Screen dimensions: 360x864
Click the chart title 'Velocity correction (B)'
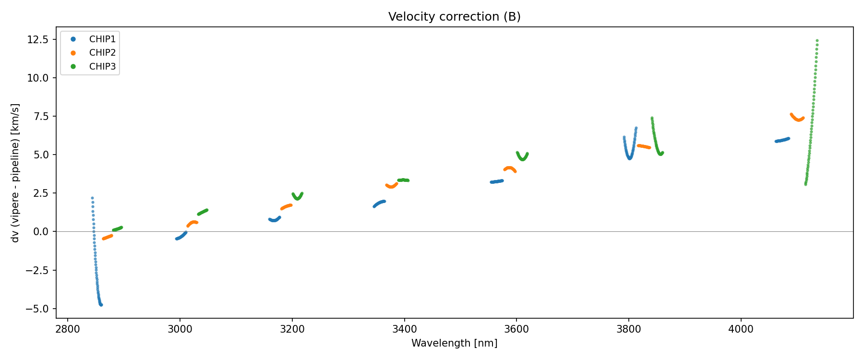[x=454, y=17]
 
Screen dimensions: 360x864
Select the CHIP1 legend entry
[x=102, y=39]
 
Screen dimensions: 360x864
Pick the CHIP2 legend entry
[x=102, y=53]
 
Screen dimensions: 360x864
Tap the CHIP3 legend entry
[x=102, y=67]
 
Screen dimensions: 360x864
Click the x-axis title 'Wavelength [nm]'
[x=454, y=343]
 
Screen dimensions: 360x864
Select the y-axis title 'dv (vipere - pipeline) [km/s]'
[x=15, y=173]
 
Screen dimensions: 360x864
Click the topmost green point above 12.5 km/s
[x=817, y=41]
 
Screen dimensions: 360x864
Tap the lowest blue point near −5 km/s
[x=101, y=305]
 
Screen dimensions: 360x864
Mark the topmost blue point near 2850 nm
[x=92, y=198]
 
